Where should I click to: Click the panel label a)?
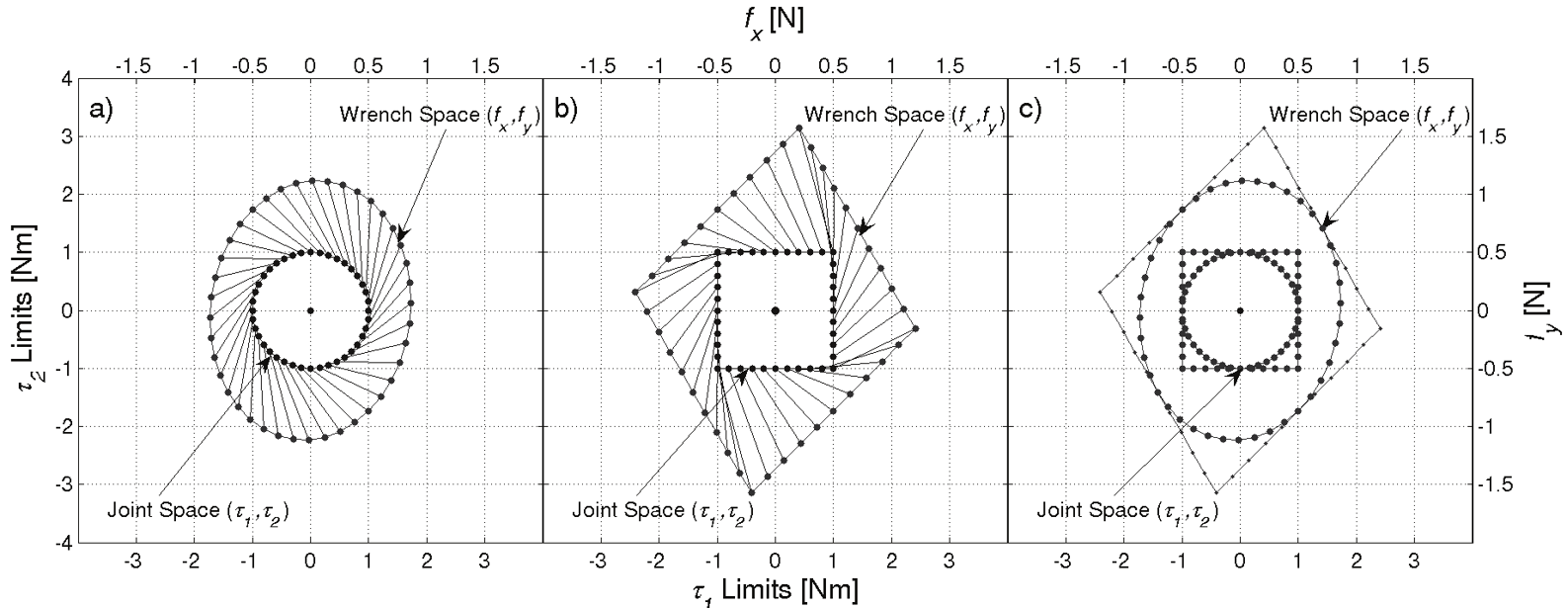click(102, 110)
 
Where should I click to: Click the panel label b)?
click(566, 110)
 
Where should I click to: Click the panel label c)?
click(1031, 110)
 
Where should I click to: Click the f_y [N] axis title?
click(1534, 309)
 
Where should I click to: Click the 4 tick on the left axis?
click(66, 78)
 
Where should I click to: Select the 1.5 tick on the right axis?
click(1492, 136)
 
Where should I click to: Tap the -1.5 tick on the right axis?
click(1495, 485)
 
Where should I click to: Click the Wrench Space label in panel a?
click(439, 115)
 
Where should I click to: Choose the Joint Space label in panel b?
click(668, 510)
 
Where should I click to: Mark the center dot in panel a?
click(310, 310)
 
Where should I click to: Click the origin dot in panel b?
click(775, 310)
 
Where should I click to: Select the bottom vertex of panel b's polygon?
click(752, 492)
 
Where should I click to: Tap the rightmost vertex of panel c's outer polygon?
click(1380, 328)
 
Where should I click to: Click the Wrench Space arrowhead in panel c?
click(1324, 222)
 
